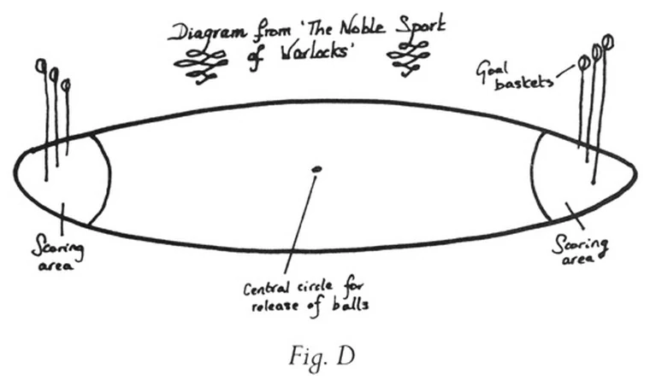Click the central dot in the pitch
pos(316,169)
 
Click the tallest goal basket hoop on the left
pos(39,65)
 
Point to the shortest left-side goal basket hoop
pos(66,85)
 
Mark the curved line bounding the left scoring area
pos(109,175)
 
